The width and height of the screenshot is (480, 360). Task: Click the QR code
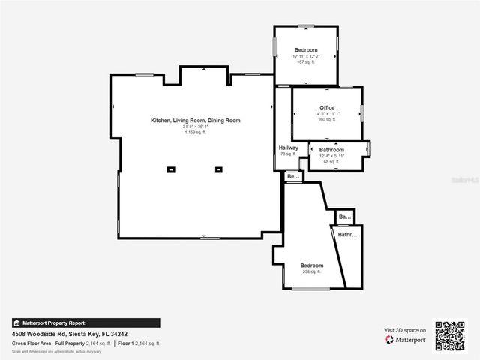pyautogui.click(x=450, y=335)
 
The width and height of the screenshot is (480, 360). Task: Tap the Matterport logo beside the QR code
pyautogui.click(x=406, y=340)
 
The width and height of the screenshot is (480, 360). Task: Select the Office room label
pyautogui.click(x=327, y=108)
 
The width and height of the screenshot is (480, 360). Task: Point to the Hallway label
pyautogui.click(x=289, y=148)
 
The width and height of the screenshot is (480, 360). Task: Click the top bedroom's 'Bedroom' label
pyautogui.click(x=306, y=50)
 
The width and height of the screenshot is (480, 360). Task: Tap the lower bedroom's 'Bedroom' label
pyautogui.click(x=312, y=265)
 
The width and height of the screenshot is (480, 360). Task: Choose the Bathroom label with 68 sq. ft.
pyautogui.click(x=331, y=150)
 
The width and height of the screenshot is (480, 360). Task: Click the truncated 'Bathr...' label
pyautogui.click(x=347, y=235)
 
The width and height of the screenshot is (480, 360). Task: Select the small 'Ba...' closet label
pyautogui.click(x=345, y=217)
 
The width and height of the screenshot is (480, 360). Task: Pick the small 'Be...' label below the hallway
pyautogui.click(x=292, y=177)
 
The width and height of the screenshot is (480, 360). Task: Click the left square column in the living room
pyautogui.click(x=171, y=169)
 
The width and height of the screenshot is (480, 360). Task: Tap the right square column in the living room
pyautogui.click(x=219, y=169)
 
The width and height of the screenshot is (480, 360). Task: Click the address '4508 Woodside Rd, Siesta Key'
pyautogui.click(x=70, y=334)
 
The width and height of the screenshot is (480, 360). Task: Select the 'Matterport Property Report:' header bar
pyautogui.click(x=85, y=323)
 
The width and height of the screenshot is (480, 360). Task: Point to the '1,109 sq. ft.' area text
pyautogui.click(x=196, y=133)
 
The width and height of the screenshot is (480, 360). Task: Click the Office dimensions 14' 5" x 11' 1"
pyautogui.click(x=327, y=114)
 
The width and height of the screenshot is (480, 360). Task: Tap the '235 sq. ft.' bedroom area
pyautogui.click(x=312, y=271)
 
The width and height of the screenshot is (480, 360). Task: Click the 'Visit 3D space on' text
pyautogui.click(x=405, y=330)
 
